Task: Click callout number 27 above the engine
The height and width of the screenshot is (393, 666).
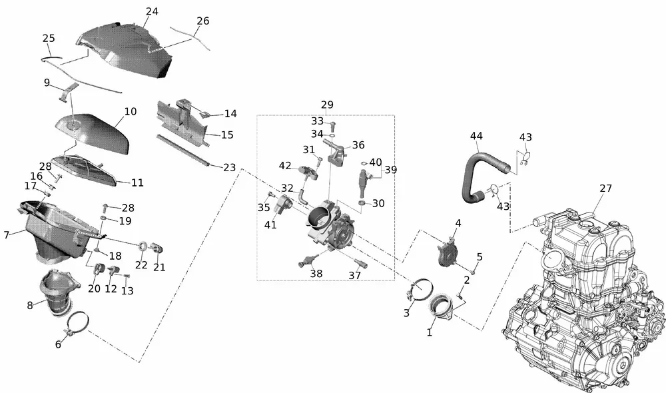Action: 605,189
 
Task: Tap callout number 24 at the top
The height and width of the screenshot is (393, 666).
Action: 152,11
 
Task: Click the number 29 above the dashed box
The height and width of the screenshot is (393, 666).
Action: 327,105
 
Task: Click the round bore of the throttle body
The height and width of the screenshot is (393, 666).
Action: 321,218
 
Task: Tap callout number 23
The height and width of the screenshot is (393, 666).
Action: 229,168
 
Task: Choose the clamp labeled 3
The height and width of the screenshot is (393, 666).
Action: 418,291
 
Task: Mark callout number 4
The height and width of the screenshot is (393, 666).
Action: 458,222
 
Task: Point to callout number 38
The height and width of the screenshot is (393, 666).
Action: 316,273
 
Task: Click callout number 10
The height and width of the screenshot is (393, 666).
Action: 131,111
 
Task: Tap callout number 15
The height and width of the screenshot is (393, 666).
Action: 227,135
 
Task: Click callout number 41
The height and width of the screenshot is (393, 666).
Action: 270,225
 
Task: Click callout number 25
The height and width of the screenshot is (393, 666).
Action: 48,38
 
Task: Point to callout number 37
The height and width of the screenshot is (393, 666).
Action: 354,275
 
